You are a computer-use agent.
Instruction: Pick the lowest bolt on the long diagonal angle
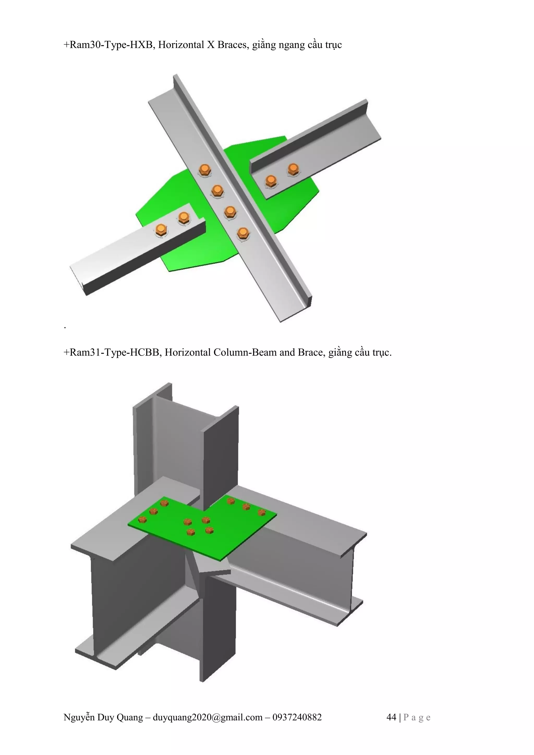click(x=242, y=234)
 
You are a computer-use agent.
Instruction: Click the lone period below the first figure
click(x=65, y=328)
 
